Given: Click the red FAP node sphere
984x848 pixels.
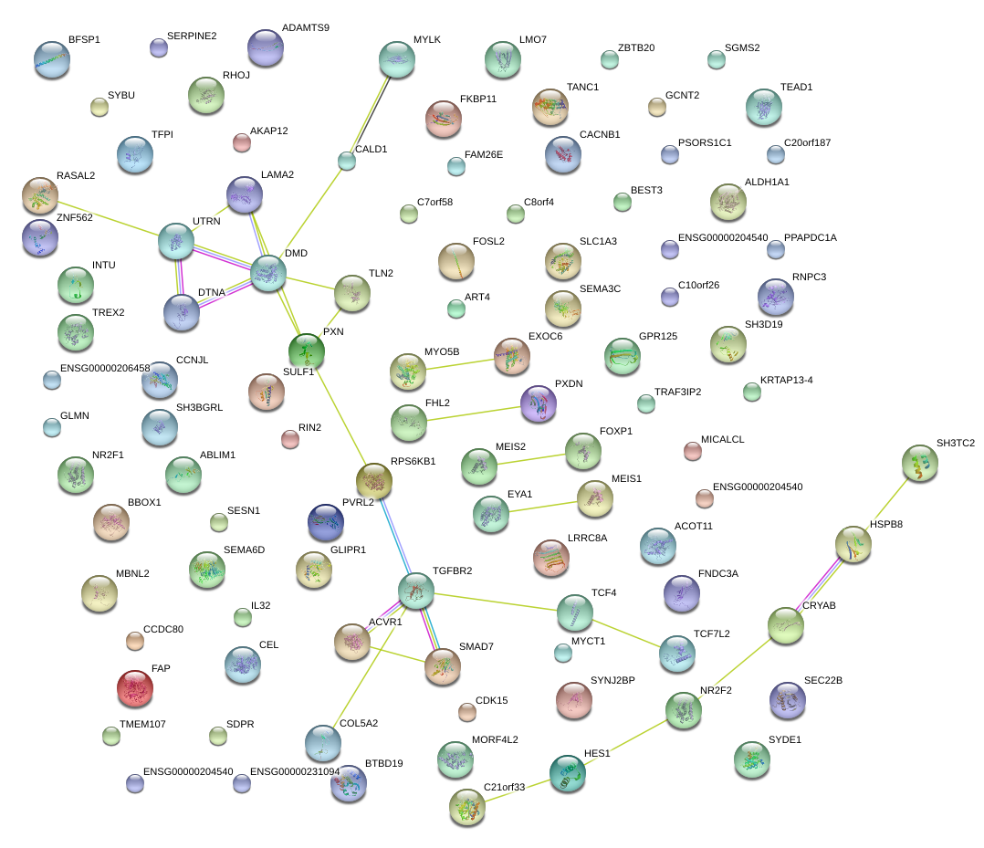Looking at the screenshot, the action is [x=135, y=688].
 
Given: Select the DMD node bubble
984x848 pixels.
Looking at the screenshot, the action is [x=268, y=273].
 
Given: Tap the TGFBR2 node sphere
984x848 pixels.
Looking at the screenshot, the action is [x=416, y=591].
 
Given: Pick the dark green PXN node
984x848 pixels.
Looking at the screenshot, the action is [x=307, y=351].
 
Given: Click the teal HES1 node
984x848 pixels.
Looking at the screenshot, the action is [x=568, y=773].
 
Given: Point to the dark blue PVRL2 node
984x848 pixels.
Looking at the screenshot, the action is [x=327, y=522].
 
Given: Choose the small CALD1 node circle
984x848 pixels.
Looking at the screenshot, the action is [x=347, y=162].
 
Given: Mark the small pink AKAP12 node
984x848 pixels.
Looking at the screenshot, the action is [x=242, y=142].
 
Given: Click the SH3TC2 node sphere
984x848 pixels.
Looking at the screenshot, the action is [x=920, y=463].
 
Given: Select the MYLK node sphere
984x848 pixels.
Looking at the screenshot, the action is [x=397, y=59].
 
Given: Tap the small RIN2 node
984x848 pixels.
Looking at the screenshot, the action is [x=290, y=439].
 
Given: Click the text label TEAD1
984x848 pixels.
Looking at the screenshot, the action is [x=796, y=88].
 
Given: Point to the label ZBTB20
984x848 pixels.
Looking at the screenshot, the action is [x=636, y=47].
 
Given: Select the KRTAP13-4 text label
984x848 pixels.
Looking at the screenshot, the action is [x=786, y=380].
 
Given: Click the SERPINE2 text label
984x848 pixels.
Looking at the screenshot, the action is [x=192, y=36].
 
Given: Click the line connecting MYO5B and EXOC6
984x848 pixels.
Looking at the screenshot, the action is [x=460, y=364].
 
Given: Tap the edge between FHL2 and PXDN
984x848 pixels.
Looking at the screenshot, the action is [x=474, y=414].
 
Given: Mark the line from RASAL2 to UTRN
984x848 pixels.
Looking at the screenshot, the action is [x=109, y=219].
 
